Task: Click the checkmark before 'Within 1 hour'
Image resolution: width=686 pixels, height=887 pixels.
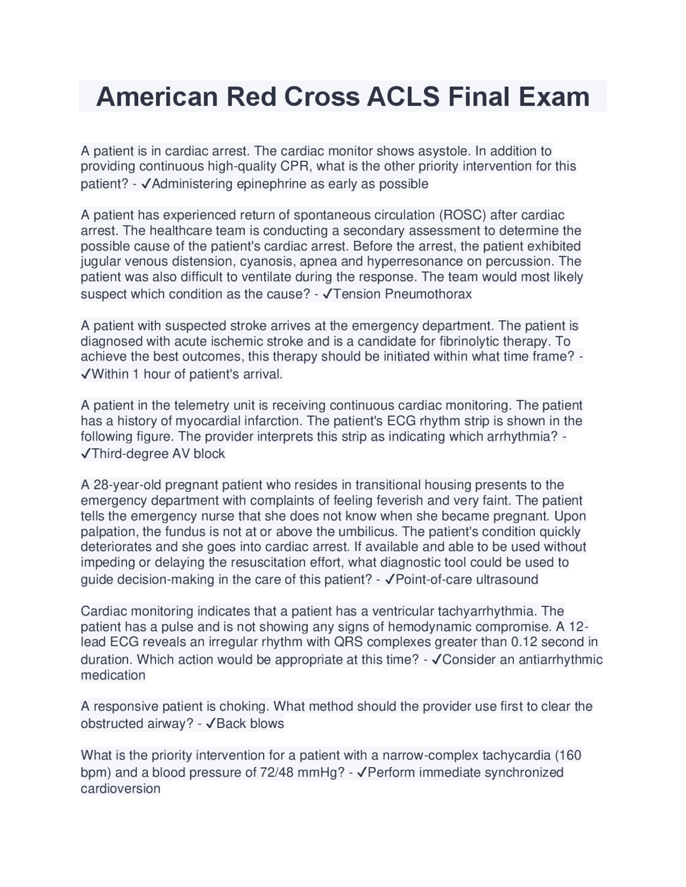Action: tap(86, 374)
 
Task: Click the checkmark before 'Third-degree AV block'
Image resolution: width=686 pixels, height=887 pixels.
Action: tap(86, 454)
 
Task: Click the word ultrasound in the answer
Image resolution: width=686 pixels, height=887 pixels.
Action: tap(507, 580)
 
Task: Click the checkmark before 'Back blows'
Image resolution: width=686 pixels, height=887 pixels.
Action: tap(211, 724)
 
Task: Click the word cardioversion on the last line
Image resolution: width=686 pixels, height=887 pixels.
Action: tap(121, 788)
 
